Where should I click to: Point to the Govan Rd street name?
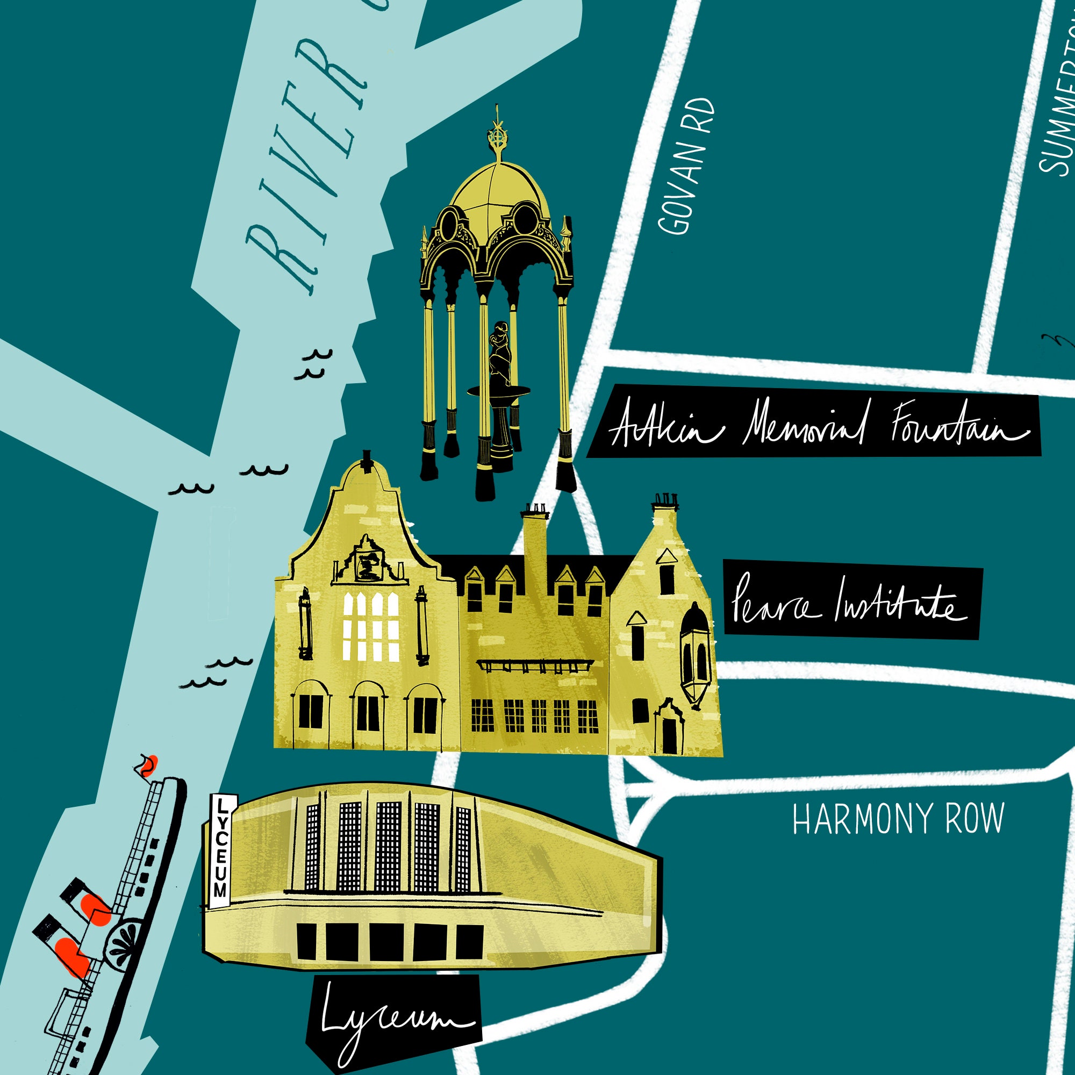[x=685, y=166]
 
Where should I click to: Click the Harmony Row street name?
[x=898, y=819]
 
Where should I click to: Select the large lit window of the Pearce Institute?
[x=370, y=626]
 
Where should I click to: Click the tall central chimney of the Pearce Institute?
[x=535, y=540]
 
